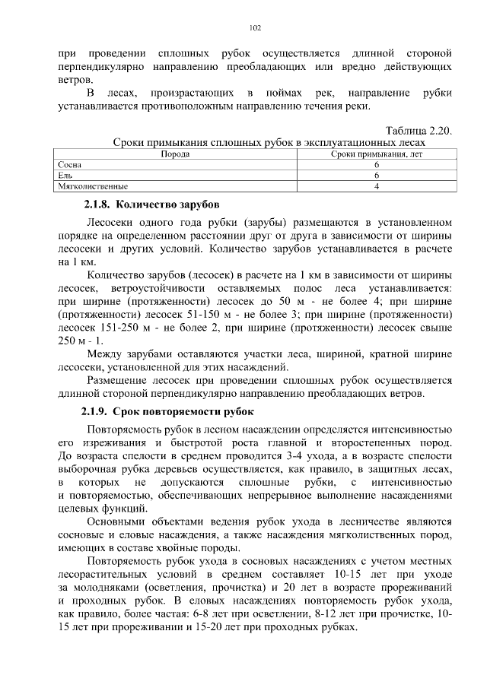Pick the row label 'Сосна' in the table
tap(69, 164)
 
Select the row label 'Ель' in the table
tap(65, 175)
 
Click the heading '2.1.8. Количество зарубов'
tap(151, 204)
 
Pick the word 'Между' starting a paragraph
tap(105, 356)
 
